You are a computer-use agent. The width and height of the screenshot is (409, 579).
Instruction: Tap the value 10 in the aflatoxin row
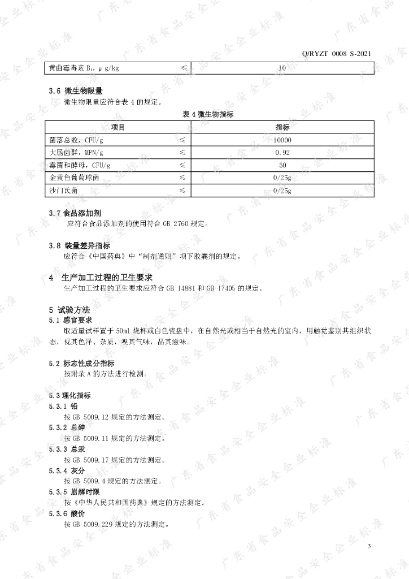(x=282, y=68)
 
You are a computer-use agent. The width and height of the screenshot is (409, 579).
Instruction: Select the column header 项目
(x=118, y=127)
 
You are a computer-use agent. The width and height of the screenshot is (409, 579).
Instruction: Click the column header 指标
(x=282, y=127)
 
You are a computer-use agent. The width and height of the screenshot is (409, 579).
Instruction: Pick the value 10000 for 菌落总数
(x=282, y=140)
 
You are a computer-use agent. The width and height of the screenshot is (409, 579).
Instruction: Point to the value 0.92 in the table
(x=282, y=153)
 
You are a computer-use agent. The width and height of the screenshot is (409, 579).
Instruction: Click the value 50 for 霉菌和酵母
(x=282, y=165)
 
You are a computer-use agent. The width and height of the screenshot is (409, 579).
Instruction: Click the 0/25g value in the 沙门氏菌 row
(x=282, y=191)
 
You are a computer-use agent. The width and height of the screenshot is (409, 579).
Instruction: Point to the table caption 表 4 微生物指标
(x=208, y=114)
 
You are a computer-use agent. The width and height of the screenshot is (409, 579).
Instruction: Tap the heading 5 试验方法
(x=69, y=309)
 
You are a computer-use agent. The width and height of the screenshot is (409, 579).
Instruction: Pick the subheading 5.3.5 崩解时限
(x=71, y=492)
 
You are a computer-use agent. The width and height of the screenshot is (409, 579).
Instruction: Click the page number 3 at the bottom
(x=369, y=546)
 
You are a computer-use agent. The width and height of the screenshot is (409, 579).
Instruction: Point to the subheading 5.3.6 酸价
(x=67, y=514)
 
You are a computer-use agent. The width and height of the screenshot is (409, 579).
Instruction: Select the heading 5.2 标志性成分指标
(x=81, y=363)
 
